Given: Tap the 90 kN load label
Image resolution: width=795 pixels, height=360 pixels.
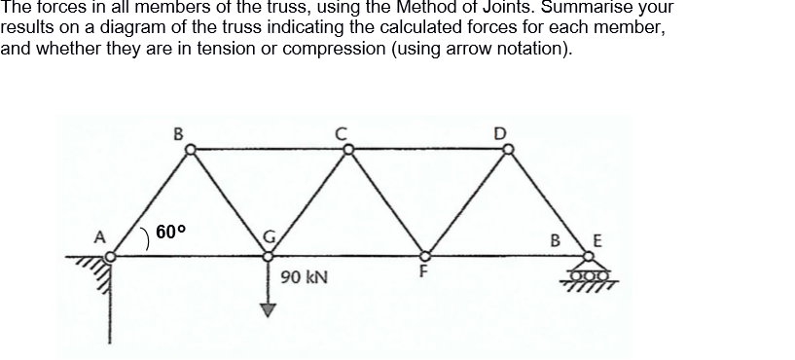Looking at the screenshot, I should [302, 278].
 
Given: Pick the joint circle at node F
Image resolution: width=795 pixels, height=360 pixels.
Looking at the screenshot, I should [425, 255].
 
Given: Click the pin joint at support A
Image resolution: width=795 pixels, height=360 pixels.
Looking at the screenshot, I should [111, 256].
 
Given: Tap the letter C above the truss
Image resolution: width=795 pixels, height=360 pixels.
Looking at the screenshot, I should [343, 133].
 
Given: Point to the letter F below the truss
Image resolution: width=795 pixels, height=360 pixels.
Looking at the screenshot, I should [423, 273].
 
